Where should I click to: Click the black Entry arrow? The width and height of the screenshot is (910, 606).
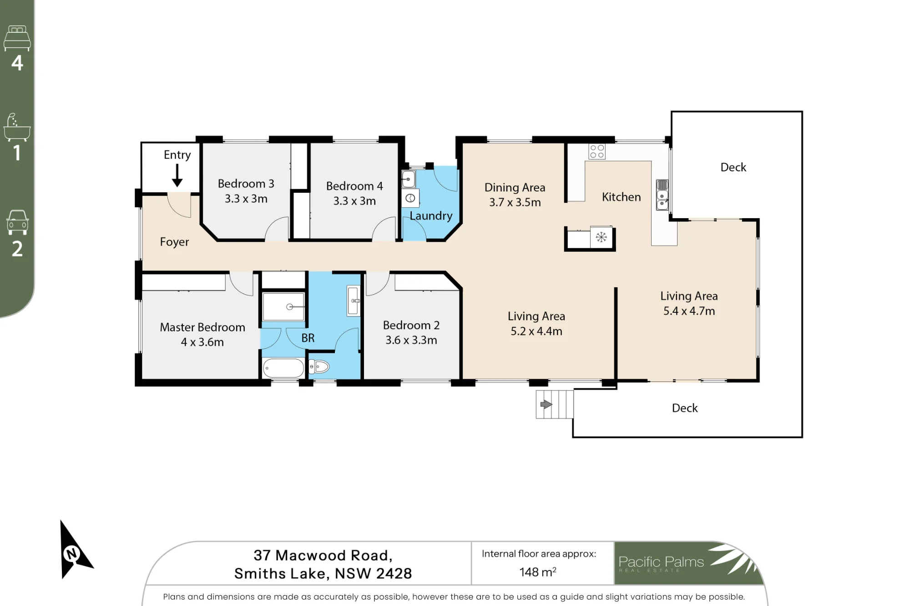177,175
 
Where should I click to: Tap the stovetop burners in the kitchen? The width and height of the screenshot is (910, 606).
597,151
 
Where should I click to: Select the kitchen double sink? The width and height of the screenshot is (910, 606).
662,195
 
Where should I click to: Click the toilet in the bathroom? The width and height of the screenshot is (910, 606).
319,366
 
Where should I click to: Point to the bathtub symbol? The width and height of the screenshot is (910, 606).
283,368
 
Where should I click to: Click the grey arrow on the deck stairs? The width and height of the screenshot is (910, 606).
546,404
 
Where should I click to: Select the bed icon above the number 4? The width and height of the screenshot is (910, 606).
17,39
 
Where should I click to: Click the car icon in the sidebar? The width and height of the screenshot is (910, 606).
17,222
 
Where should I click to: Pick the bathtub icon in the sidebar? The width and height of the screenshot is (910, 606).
17,127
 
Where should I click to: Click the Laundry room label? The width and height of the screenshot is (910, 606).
431,216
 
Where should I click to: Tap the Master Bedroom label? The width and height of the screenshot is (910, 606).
202,327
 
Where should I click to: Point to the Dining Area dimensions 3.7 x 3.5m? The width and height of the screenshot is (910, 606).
515,202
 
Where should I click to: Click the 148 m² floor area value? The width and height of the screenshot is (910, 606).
538,571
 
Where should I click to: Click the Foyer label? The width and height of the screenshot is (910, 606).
174,242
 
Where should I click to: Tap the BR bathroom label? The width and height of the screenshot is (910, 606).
308,338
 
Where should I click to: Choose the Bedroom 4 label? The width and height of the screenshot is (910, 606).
354,186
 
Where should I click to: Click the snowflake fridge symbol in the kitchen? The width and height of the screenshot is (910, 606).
601,237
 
